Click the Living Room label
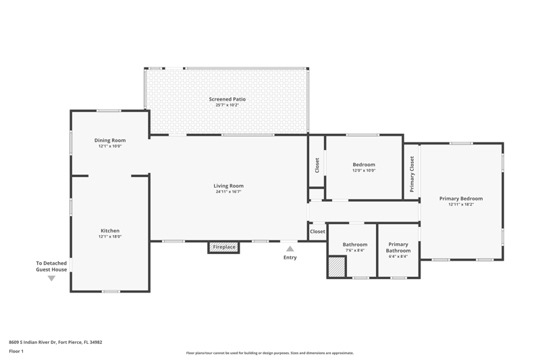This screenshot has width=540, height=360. [x=228, y=186]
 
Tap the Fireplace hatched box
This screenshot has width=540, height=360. [x=223, y=247]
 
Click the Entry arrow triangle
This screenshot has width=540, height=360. [x=290, y=249]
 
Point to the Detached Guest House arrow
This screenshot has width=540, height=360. [x=51, y=278]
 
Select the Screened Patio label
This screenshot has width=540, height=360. [x=227, y=99]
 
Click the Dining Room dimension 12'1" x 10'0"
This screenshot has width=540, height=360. [x=110, y=146]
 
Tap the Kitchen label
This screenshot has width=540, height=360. [x=110, y=231]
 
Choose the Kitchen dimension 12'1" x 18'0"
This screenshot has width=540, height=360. [x=110, y=236]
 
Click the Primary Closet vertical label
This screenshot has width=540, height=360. [x=412, y=174]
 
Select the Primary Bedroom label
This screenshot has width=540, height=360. [x=461, y=199]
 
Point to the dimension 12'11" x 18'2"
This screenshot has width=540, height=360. [x=461, y=204]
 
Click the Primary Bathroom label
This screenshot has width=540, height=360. [x=398, y=247]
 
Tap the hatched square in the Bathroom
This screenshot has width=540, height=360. [x=336, y=267]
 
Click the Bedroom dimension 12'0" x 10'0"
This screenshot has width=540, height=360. [x=364, y=170]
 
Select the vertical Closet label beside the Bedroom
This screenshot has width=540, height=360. [x=317, y=165]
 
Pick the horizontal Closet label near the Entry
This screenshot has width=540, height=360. [x=317, y=232]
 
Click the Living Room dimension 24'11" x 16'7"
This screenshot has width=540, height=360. [x=228, y=192]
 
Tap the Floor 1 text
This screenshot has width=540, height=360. [x=16, y=351]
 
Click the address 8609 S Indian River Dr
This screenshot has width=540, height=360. [x=32, y=342]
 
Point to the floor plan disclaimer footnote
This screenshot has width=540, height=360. [x=269, y=353]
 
